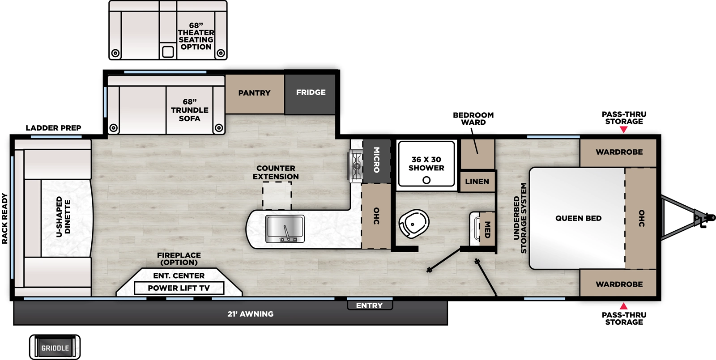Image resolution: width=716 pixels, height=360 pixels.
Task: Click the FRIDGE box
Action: tap(311, 93)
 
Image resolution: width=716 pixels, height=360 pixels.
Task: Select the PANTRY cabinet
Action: tap(254, 93)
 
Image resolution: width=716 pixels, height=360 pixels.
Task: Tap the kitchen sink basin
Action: tap(285, 227)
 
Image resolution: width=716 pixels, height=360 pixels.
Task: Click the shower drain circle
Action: tap(426, 180)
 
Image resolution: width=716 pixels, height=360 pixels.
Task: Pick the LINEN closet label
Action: tap(477, 182)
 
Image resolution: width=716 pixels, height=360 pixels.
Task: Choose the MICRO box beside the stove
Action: tap(376, 160)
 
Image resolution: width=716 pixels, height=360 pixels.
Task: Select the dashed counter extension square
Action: tap(277, 195)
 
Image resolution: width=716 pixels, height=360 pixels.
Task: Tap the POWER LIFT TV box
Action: tap(179, 288)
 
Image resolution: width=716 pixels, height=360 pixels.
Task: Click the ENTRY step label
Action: tap(369, 306)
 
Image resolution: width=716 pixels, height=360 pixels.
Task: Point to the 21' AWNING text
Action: tap(250, 314)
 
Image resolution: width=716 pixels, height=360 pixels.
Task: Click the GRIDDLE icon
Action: tap(55, 347)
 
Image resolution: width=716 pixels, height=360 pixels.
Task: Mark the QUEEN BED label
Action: tap(578, 218)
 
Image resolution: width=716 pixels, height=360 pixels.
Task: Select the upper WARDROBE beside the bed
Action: tap(619, 152)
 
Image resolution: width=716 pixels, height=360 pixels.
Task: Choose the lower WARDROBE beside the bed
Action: tap(619, 284)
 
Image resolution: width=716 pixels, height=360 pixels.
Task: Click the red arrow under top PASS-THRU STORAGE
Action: tap(624, 130)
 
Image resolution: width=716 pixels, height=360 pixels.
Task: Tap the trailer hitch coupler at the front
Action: tap(700, 218)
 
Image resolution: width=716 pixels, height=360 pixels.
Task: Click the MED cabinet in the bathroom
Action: tap(487, 229)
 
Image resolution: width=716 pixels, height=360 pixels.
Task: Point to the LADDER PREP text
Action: tap(53, 128)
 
